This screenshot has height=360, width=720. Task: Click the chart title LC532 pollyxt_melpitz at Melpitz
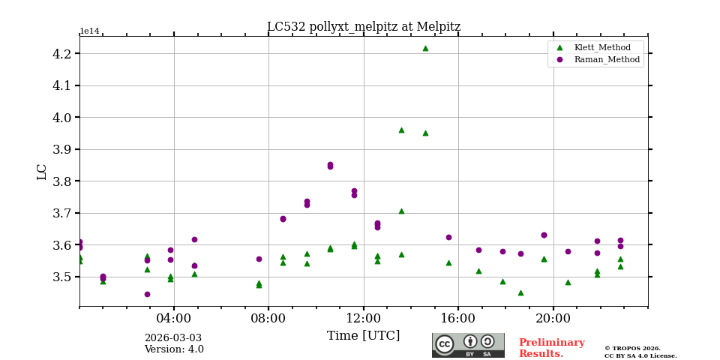[364, 27]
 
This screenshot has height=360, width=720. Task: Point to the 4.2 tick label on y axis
[61, 54]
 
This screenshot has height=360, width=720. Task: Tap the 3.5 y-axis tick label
[61, 277]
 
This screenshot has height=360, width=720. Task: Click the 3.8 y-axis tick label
[61, 181]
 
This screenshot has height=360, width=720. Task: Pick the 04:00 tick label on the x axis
[174, 317]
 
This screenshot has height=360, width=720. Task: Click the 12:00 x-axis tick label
[364, 317]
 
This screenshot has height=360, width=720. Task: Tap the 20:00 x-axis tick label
[553, 317]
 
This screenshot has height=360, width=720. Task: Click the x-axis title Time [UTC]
[364, 336]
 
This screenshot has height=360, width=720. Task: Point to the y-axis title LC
[42, 172]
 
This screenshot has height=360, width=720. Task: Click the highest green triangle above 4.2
[425, 48]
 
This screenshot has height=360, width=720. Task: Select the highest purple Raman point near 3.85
[330, 165]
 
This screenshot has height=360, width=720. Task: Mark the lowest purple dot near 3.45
[147, 294]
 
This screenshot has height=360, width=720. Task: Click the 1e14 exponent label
[89, 31]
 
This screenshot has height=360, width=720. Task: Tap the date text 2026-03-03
[173, 338]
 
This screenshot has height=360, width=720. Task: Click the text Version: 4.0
[174, 349]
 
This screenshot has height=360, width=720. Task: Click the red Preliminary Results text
[551, 348]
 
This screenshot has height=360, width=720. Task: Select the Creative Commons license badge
[468, 345]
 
